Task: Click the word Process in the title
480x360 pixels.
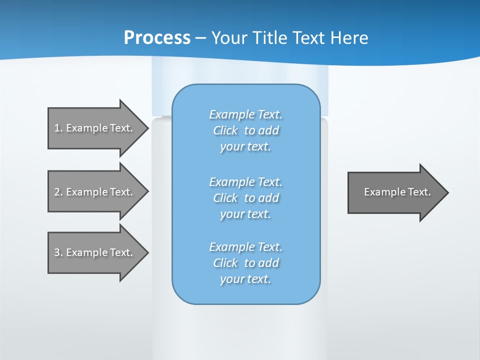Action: click(x=157, y=38)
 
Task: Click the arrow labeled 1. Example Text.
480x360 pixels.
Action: click(x=95, y=128)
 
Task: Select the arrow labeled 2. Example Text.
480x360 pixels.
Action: click(x=95, y=192)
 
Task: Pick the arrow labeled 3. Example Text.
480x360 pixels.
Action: click(x=95, y=252)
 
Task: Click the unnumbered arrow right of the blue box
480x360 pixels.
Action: click(x=395, y=192)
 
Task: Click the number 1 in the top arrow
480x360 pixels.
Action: click(x=57, y=128)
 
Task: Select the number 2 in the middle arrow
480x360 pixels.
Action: click(x=57, y=192)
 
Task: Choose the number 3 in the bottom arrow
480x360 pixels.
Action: click(x=57, y=252)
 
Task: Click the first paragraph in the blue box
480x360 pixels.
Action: click(x=245, y=130)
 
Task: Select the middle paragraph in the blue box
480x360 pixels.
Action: click(x=245, y=198)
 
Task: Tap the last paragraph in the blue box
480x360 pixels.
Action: click(x=245, y=263)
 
